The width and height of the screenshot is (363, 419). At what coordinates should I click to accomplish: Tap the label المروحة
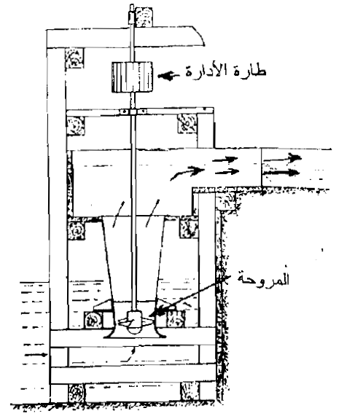click(264, 278)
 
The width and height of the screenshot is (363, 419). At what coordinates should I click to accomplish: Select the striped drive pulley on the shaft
click(133, 77)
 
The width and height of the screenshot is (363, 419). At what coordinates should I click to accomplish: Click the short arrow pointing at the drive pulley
click(168, 77)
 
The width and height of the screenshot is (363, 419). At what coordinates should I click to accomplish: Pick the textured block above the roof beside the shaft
click(144, 17)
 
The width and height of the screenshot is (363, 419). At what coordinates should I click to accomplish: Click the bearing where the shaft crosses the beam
click(133, 111)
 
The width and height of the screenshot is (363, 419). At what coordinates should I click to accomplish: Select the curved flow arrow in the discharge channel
click(187, 173)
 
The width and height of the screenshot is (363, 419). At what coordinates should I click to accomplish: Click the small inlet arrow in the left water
click(36, 355)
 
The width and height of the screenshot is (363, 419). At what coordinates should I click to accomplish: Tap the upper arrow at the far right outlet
click(282, 158)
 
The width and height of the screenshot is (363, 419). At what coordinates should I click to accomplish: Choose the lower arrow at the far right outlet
click(281, 172)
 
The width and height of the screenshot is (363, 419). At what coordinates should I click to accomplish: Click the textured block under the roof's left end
click(74, 58)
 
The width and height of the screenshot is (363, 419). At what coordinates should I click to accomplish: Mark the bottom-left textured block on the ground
click(77, 393)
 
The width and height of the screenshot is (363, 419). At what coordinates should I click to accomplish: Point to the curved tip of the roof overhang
click(205, 45)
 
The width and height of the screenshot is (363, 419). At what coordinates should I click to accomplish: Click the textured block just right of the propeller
click(176, 319)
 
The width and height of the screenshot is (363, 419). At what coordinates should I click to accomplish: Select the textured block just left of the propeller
click(93, 320)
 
